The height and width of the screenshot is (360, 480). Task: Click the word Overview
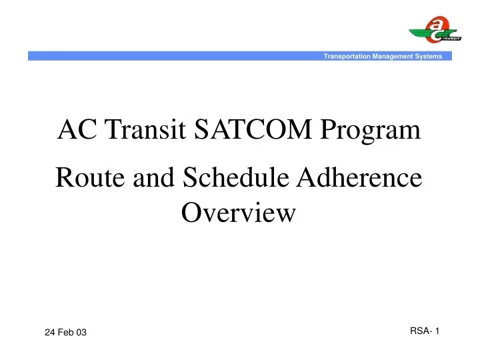click(x=238, y=213)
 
